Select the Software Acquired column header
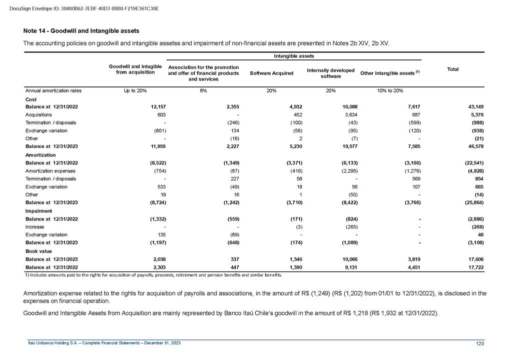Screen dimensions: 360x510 coord(271,73)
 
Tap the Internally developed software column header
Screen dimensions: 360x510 coord(331,73)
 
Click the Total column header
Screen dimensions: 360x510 coord(453,69)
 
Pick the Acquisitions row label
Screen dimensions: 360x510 coord(39,115)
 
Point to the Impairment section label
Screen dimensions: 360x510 coord(38,211)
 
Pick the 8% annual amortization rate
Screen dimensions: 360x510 coord(203,91)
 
